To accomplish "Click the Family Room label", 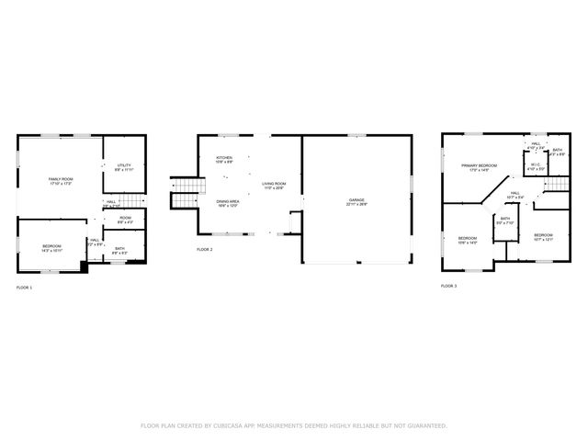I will (x=61, y=181).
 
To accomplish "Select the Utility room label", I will (x=124, y=168).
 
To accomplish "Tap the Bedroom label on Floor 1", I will (x=52, y=248).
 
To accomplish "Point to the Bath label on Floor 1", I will (x=119, y=250).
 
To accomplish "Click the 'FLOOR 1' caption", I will (x=24, y=288).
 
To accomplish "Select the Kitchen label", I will (x=224, y=160).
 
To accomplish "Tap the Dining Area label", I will (x=229, y=203).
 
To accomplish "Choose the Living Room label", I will (x=274, y=186).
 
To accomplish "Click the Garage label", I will (x=356, y=202).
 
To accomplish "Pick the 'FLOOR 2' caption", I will (x=205, y=250).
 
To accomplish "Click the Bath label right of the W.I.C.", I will (x=558, y=152).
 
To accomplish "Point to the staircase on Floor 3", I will (x=558, y=186).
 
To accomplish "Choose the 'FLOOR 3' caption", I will (x=448, y=287).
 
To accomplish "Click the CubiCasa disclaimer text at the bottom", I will (x=294, y=426).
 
